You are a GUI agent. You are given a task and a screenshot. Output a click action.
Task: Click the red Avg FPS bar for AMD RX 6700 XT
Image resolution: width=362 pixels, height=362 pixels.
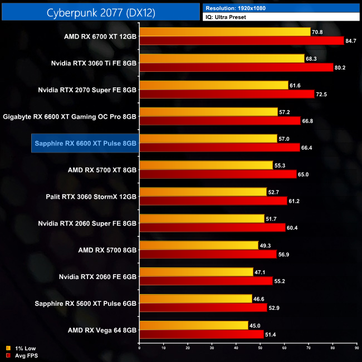tap(241, 41)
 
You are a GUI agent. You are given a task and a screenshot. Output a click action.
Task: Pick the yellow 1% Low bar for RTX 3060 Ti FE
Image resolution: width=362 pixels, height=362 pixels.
tap(222, 58)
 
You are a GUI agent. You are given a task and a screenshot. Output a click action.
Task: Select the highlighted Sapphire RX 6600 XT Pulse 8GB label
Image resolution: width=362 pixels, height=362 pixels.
tap(85, 143)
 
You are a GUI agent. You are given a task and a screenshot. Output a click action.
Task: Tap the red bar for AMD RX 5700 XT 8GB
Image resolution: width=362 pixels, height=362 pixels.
tap(217, 174)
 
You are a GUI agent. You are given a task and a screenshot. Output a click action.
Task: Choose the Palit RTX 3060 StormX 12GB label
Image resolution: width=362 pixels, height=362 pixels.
tap(91, 197)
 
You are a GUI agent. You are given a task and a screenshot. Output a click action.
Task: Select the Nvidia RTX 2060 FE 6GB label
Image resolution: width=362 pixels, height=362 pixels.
tap(97, 277)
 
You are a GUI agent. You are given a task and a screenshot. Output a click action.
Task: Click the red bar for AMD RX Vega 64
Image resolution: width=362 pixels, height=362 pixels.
tap(201, 335)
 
